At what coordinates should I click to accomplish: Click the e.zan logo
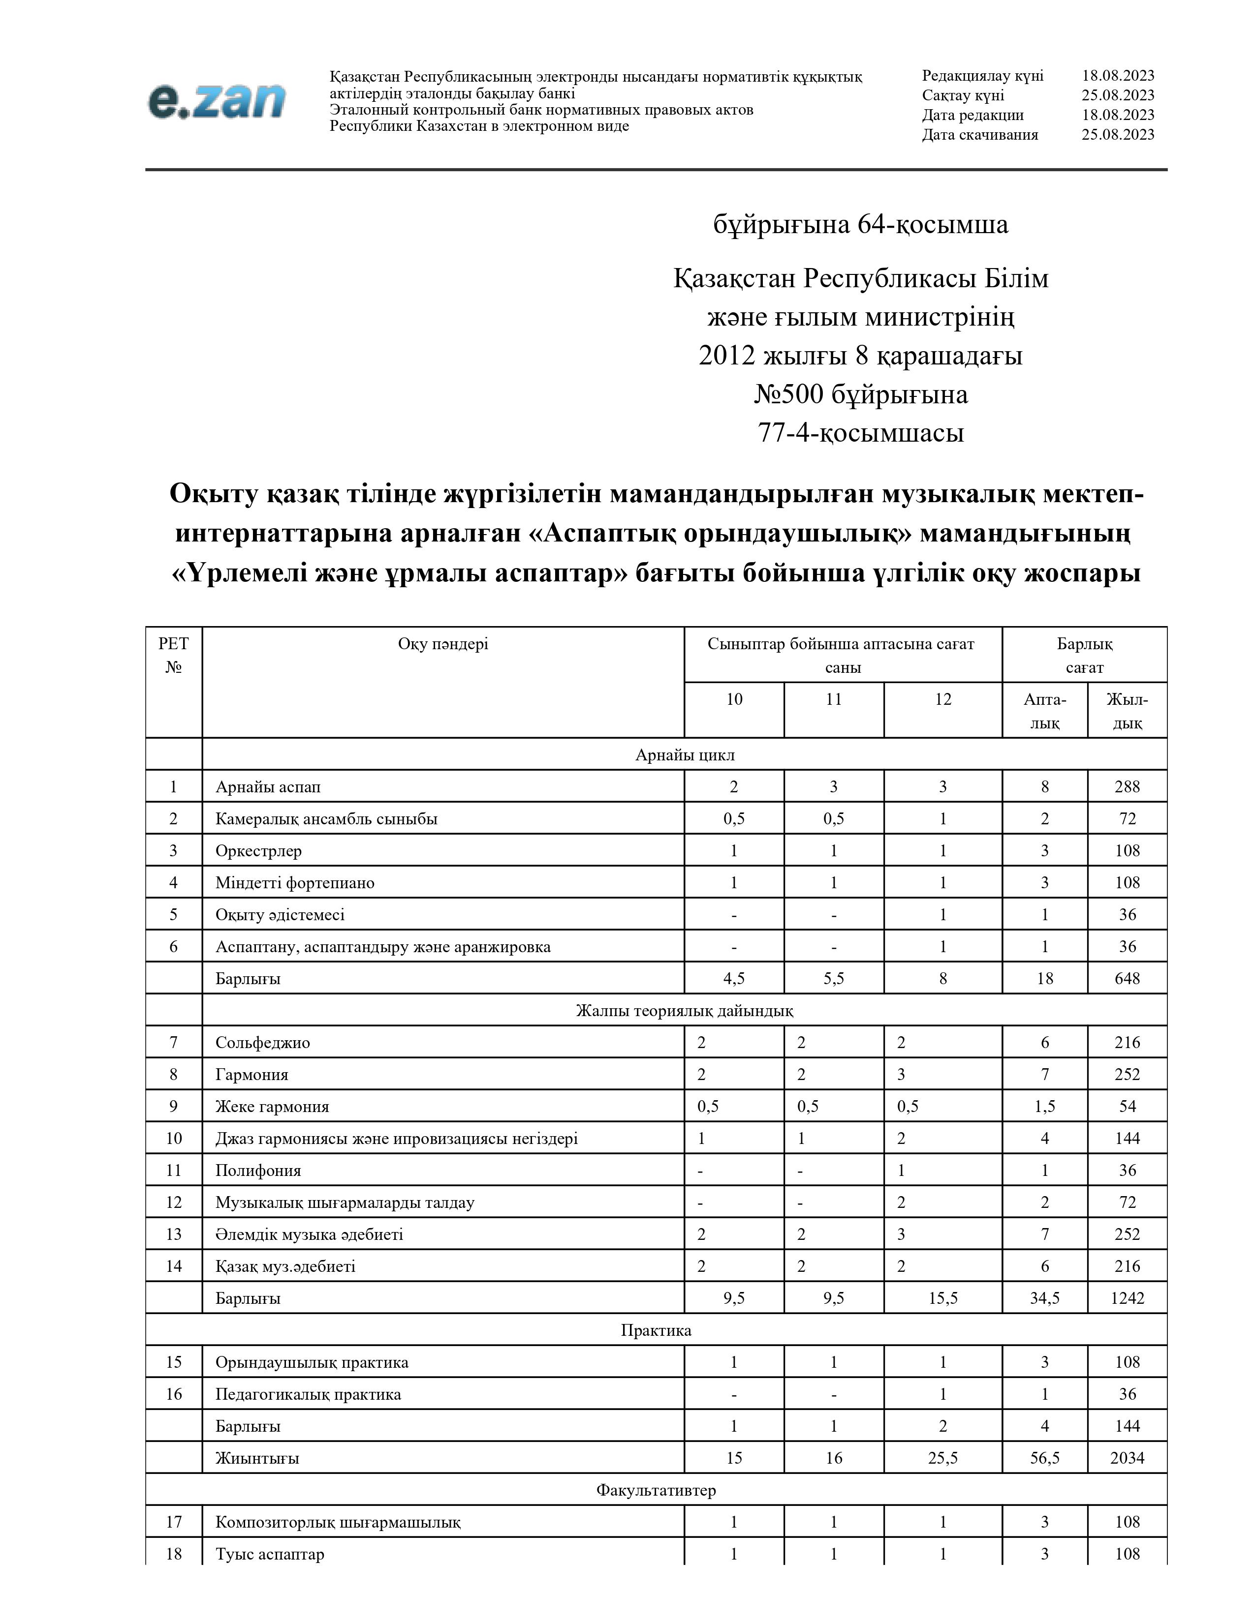click(217, 100)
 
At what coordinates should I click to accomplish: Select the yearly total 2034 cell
click(1127, 1458)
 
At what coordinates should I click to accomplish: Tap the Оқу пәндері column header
click(442, 644)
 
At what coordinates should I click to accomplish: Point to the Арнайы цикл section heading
click(684, 755)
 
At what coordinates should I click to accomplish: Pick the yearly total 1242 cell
click(1127, 1298)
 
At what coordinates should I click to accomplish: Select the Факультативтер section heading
click(655, 1490)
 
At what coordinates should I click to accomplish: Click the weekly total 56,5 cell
click(1044, 1458)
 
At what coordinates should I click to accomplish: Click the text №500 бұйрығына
click(860, 394)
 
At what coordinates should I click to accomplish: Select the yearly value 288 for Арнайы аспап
click(1127, 787)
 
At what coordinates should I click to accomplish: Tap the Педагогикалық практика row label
click(308, 1394)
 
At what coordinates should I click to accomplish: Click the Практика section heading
click(655, 1330)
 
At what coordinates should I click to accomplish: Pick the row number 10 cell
click(173, 1139)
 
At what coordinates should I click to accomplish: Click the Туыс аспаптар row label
click(269, 1554)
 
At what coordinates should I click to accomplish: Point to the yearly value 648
click(1127, 979)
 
